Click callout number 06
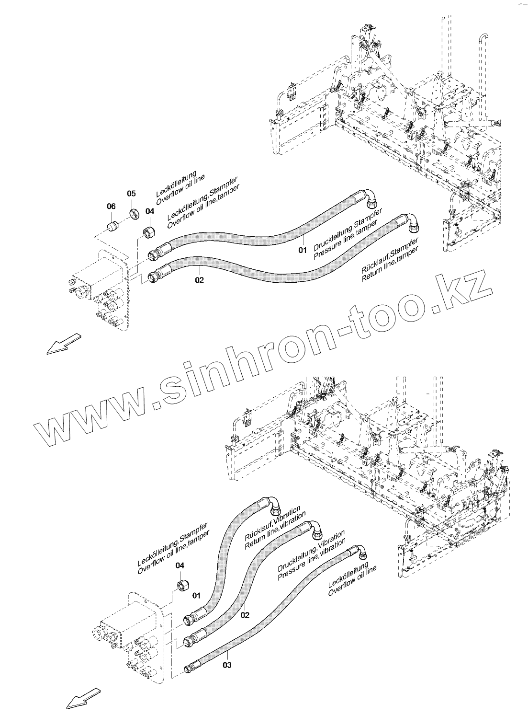click(x=111, y=206)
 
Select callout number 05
click(x=131, y=193)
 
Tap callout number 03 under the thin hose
click(x=227, y=665)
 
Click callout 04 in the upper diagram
click(x=150, y=211)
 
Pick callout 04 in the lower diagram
click(x=180, y=565)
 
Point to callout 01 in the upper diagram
click(x=302, y=250)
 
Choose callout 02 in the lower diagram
click(x=245, y=615)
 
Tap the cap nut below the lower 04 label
click(x=183, y=586)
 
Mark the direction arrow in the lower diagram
click(x=83, y=698)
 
